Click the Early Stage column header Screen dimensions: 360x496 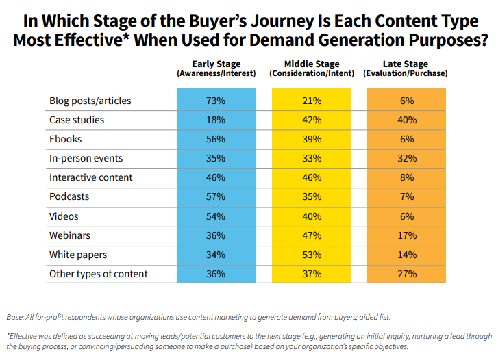coord(216,68)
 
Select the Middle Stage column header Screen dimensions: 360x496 coord(312,68)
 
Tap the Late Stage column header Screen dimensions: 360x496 coord(406,68)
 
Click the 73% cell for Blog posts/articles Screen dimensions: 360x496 coord(216,101)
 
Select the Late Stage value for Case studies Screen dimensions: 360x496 coord(407,120)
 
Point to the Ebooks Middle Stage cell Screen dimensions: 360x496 coord(312,139)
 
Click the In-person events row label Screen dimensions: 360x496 coord(86,158)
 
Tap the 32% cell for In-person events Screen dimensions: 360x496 coord(407,158)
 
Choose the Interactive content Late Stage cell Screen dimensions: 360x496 coord(407,177)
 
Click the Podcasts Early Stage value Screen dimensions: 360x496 coord(216,197)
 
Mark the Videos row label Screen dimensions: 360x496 coord(64,216)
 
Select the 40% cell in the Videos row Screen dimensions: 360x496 coord(312,216)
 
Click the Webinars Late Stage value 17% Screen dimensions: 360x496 coord(407,235)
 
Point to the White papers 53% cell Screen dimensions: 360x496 coord(312,255)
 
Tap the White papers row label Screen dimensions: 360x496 coord(77,255)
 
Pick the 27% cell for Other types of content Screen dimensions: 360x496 coord(407,274)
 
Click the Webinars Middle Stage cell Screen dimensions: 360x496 coord(312,235)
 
